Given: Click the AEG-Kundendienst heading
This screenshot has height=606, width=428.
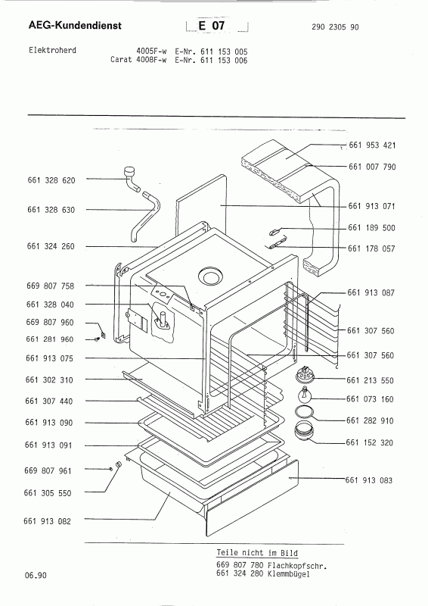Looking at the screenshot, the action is click(x=75, y=26).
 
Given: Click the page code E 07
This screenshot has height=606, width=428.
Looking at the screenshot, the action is click(x=212, y=26).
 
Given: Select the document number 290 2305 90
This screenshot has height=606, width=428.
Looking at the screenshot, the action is click(x=335, y=27).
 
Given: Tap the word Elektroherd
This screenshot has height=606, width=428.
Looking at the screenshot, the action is click(x=52, y=50).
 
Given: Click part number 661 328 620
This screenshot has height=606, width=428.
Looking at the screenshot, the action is click(x=51, y=180).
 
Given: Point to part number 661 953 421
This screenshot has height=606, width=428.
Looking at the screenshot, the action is click(x=372, y=145).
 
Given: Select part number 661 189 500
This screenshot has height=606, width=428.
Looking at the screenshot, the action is click(x=371, y=228).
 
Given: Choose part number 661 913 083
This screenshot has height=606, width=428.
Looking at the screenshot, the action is click(x=368, y=480).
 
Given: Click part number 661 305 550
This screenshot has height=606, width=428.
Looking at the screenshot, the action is click(x=48, y=493).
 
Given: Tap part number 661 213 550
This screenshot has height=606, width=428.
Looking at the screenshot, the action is click(x=370, y=380).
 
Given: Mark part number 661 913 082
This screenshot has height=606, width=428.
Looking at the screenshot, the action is click(x=48, y=521).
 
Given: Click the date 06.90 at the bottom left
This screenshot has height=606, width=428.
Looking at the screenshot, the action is click(x=36, y=575).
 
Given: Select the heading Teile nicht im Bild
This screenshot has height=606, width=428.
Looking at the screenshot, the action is click(x=257, y=553).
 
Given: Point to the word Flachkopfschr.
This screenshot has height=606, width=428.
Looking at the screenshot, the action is click(x=297, y=566).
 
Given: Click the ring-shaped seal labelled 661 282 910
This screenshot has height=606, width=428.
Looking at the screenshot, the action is click(x=305, y=412).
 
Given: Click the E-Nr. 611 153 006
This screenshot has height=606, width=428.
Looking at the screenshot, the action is click(x=211, y=61).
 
